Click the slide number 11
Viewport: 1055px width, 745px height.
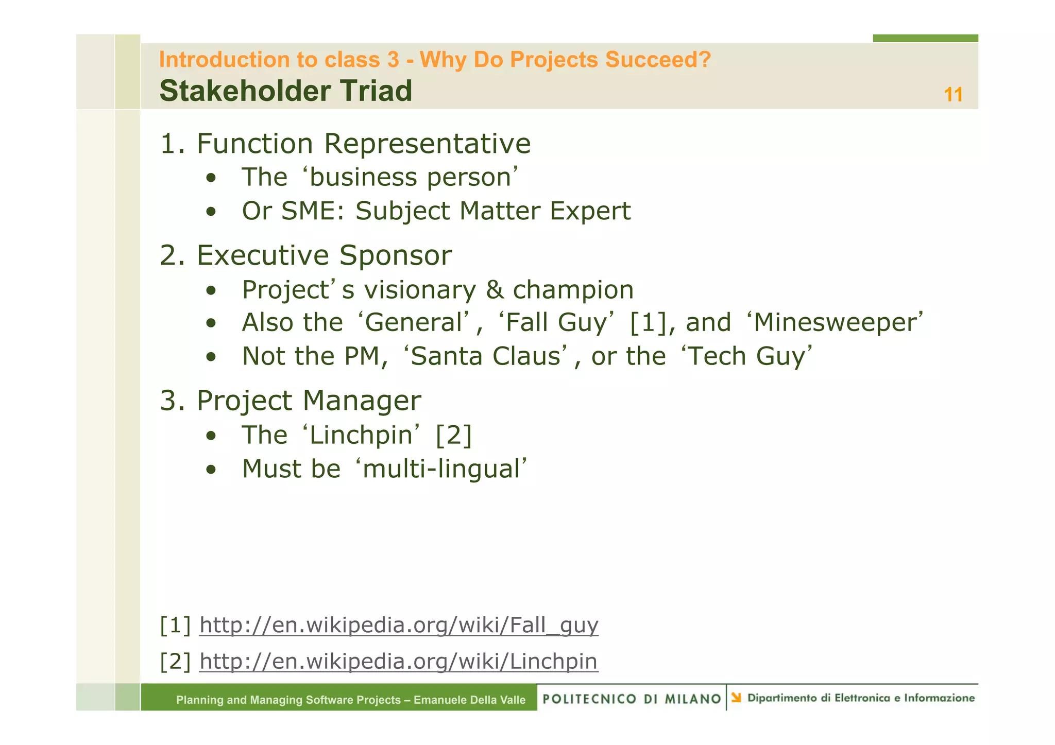(x=953, y=95)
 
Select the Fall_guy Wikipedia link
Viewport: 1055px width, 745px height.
(x=399, y=625)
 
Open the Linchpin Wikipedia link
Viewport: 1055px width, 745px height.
(x=398, y=661)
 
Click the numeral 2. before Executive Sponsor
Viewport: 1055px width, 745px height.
(x=172, y=255)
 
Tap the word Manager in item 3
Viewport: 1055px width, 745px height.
(x=362, y=401)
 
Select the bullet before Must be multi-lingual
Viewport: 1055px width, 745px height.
(x=210, y=470)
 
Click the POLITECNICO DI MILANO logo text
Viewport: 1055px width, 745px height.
(x=632, y=699)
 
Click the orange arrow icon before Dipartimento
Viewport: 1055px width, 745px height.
(x=736, y=698)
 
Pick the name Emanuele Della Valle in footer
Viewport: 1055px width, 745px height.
(x=469, y=700)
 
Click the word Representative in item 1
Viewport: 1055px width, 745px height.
(x=427, y=144)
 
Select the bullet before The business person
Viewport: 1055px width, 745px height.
(x=210, y=178)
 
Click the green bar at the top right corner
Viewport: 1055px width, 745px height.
(x=925, y=38)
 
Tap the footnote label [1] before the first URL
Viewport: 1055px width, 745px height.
(x=175, y=625)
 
